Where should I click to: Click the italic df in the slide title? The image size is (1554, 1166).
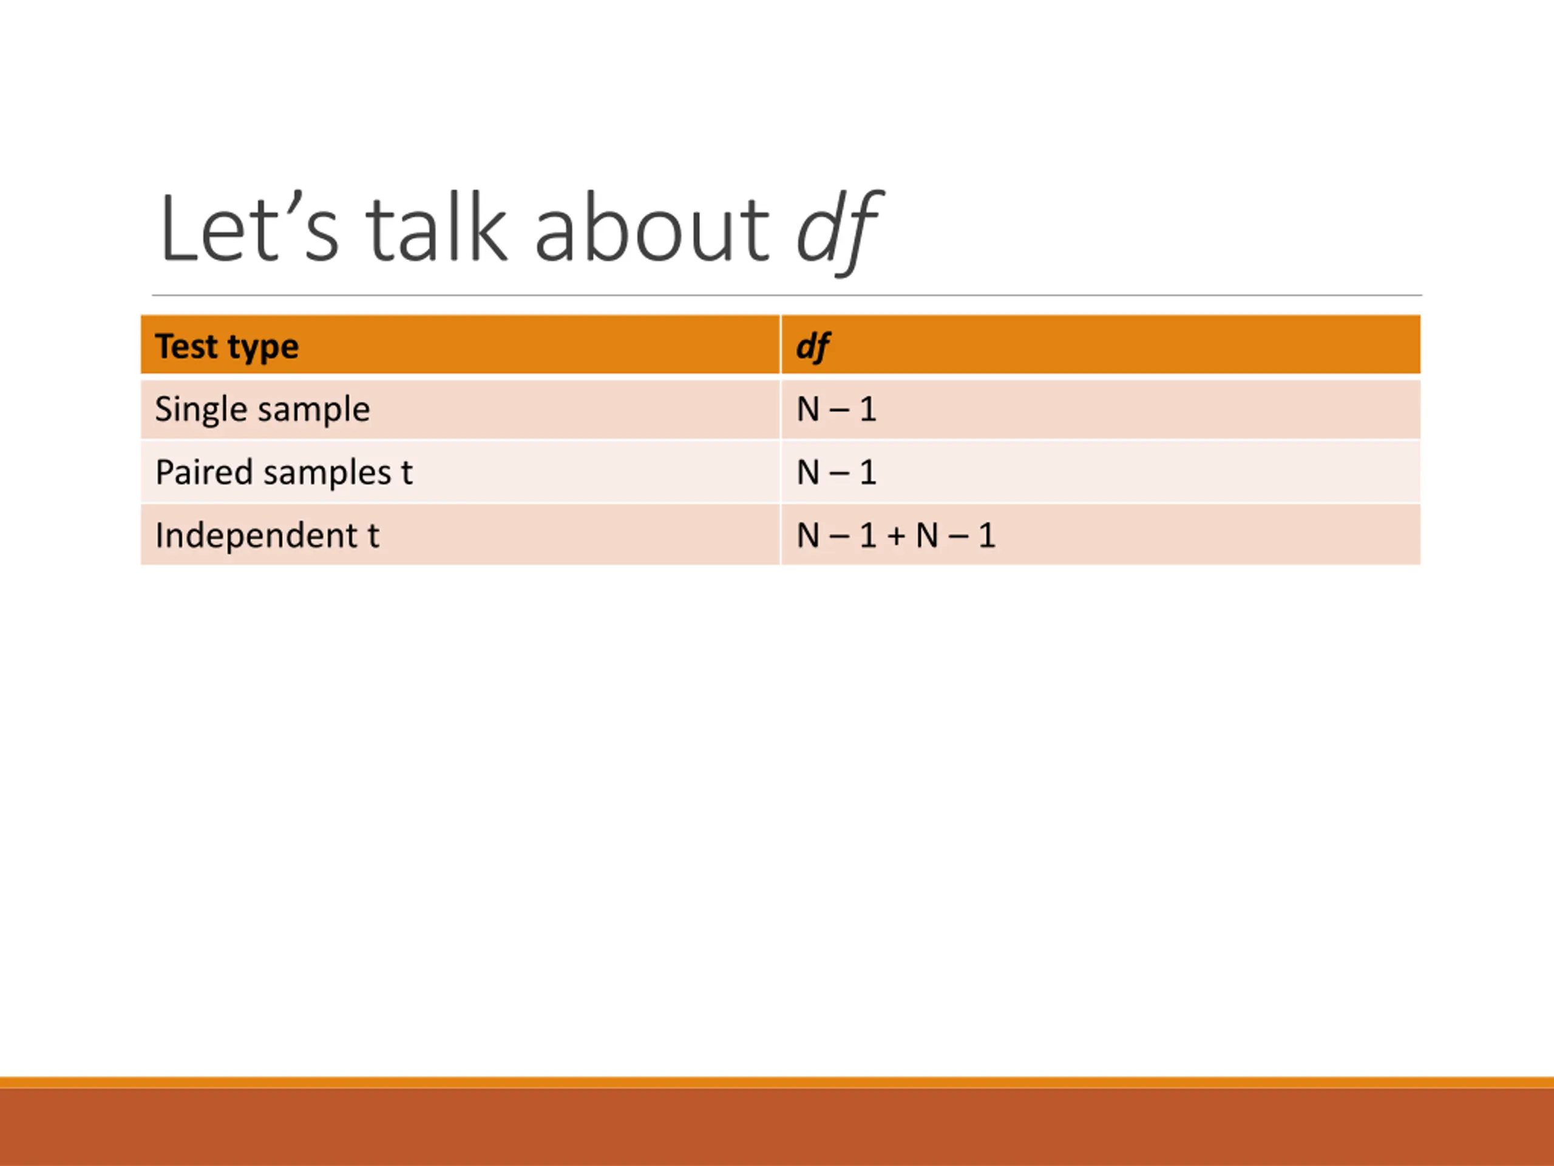pos(839,232)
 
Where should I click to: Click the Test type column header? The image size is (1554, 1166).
pos(227,347)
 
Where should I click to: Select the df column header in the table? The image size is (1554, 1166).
pos(813,347)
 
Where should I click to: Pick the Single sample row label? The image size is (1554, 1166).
pos(262,409)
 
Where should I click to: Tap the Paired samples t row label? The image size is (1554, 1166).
pos(284,472)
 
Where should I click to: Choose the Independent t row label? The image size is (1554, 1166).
pos(267,535)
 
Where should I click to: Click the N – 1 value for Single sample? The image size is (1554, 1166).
pos(836,409)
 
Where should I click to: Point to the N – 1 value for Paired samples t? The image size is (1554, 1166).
pos(836,472)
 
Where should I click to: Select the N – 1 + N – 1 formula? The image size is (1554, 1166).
pos(897,536)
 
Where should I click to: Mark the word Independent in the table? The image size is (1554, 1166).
pos(256,535)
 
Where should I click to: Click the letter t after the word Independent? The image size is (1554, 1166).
pos(374,536)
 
